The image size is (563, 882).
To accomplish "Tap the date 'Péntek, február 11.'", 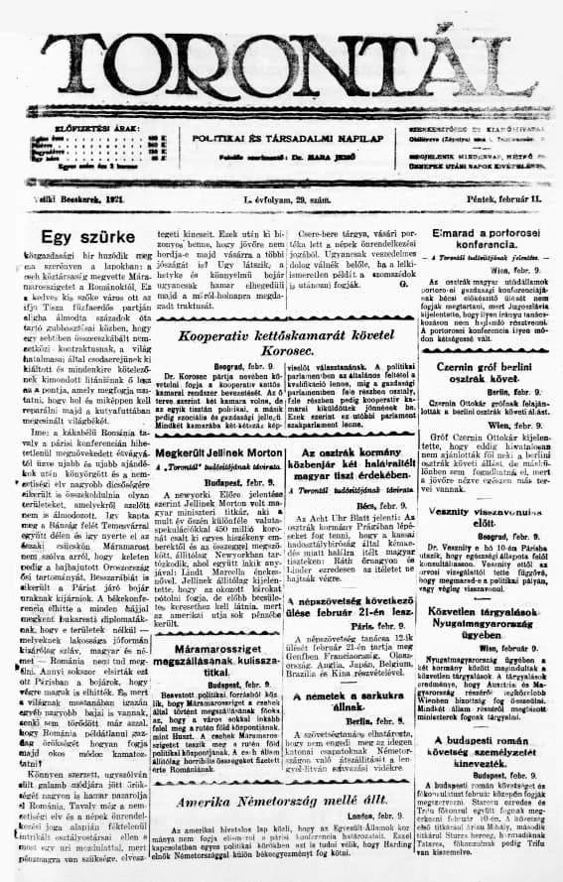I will [504, 199].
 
